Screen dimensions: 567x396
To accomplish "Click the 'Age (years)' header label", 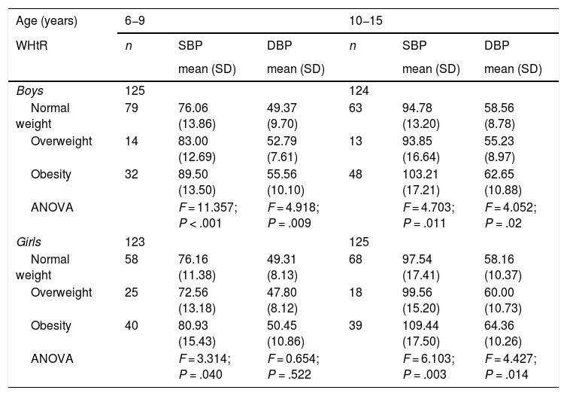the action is click(x=47, y=21).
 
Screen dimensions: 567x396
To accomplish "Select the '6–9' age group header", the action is click(x=135, y=20).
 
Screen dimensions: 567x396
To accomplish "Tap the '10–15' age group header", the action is click(x=365, y=20).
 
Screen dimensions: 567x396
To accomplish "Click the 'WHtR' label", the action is click(x=32, y=46).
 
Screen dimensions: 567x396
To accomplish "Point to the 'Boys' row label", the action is click(x=29, y=90).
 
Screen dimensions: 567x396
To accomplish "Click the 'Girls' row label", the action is click(x=29, y=242).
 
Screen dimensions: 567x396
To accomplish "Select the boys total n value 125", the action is click(x=135, y=90).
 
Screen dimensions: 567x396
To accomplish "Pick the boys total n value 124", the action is click(x=359, y=90).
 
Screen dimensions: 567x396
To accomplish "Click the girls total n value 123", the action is click(x=135, y=242).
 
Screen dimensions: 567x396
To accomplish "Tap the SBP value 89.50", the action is click(x=193, y=174).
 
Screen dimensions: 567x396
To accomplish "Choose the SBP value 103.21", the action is click(x=420, y=174).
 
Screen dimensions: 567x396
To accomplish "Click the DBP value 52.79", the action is click(x=282, y=141).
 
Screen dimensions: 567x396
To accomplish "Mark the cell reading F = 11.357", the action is click(x=208, y=208).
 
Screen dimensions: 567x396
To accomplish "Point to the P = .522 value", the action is click(x=289, y=374).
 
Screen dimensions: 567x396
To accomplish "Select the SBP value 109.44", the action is click(x=420, y=325).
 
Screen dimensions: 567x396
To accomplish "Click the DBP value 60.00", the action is click(x=499, y=292).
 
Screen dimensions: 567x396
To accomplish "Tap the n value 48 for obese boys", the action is click(x=356, y=174).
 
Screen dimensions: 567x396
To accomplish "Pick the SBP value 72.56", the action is click(x=193, y=292).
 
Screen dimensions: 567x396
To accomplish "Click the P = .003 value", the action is click(x=424, y=374).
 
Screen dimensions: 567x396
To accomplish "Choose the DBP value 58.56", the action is click(x=499, y=108).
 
